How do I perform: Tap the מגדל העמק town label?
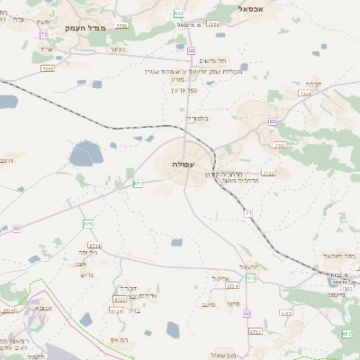pos(86,29)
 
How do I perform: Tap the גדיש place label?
pos(86,274)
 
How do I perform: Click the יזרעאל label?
pos(250,266)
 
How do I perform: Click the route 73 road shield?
pos(43,35)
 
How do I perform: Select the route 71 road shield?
pos(248,213)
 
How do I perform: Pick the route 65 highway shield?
pos(272,121)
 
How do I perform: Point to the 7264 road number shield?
pos(305,94)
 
